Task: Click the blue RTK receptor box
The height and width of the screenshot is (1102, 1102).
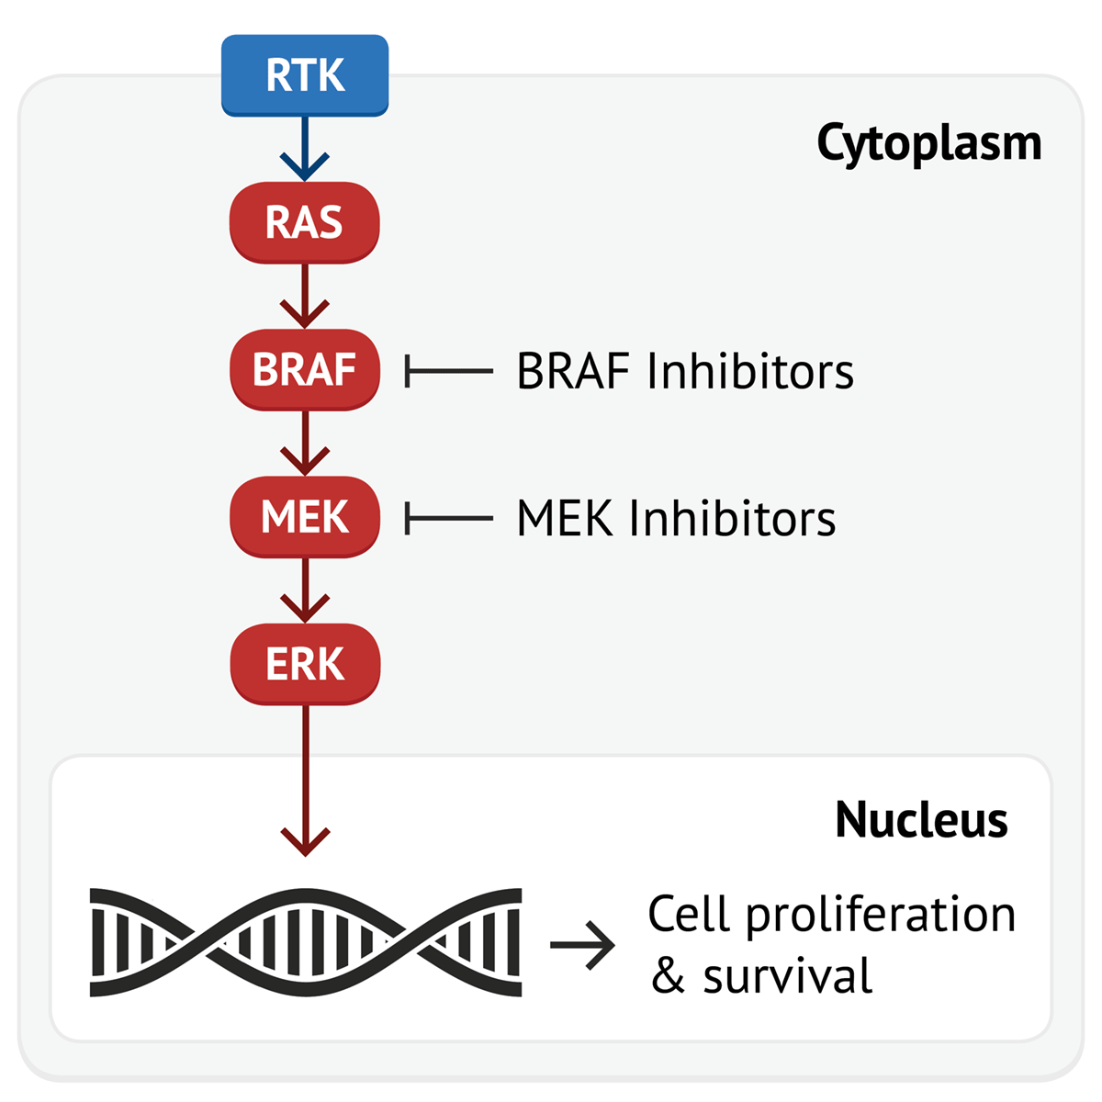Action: [305, 75]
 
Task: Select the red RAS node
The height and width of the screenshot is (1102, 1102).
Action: [305, 222]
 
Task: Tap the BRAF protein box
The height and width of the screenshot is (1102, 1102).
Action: [305, 370]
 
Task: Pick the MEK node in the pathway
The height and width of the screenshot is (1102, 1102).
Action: [305, 517]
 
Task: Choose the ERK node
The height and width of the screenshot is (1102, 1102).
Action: [305, 664]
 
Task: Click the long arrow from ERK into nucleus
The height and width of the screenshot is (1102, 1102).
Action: [305, 781]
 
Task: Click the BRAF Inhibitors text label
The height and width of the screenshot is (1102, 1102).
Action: [685, 372]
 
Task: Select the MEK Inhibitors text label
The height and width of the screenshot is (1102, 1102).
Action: [676, 519]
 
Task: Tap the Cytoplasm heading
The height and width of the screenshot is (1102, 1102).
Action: [929, 144]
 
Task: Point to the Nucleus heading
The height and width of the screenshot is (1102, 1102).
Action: [921, 819]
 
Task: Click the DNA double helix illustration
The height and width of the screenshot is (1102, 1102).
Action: [306, 942]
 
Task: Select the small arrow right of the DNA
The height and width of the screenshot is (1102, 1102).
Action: [582, 944]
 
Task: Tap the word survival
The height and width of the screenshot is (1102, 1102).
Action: [787, 976]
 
